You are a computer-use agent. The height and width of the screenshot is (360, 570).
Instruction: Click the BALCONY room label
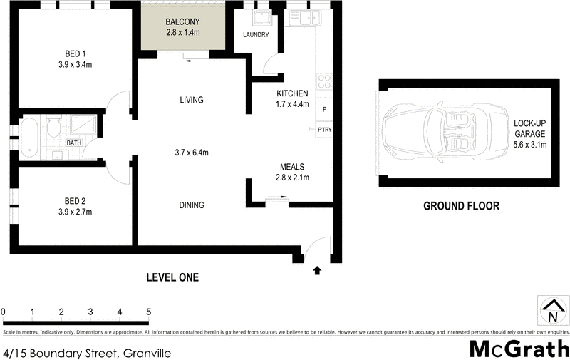[x=183, y=21]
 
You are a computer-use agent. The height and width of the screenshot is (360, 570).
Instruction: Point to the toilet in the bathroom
[x=52, y=129]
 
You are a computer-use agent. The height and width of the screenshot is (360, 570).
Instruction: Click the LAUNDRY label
[x=255, y=34]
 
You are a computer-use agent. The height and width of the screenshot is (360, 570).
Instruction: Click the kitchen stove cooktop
[x=325, y=82]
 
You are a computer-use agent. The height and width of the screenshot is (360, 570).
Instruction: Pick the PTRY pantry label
[x=324, y=130]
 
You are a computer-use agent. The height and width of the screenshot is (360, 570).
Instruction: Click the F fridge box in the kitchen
[x=325, y=109]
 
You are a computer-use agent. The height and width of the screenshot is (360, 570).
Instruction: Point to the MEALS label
[x=293, y=167]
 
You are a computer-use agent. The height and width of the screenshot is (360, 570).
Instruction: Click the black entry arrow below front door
[x=317, y=270]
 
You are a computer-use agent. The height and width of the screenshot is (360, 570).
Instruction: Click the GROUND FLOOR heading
[x=461, y=206]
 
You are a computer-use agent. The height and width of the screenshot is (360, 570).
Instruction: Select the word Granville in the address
[x=147, y=353]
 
